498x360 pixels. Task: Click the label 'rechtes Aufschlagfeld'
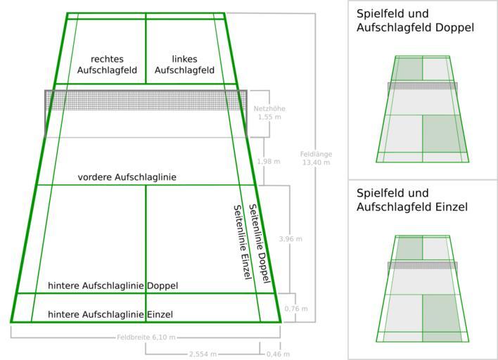click(107, 65)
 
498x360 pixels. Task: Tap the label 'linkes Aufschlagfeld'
click(184, 65)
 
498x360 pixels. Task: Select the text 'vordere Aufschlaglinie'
click(127, 178)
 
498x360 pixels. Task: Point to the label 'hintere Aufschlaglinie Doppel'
click(113, 285)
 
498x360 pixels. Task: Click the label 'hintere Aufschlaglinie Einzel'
click(110, 314)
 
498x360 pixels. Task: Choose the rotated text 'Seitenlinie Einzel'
click(242, 243)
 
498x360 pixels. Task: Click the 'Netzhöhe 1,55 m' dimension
click(265, 112)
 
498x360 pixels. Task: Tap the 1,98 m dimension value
click(268, 162)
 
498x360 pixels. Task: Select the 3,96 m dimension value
click(290, 239)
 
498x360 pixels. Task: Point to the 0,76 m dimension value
click(296, 309)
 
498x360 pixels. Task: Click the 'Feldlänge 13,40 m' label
click(316, 158)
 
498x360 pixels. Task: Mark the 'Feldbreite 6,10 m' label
click(146, 337)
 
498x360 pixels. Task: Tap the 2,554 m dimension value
click(202, 354)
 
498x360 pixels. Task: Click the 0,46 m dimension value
click(277, 354)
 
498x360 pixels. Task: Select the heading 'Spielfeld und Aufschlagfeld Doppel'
click(415, 20)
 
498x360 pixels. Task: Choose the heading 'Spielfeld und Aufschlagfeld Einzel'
click(412, 200)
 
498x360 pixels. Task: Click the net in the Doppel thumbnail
click(423, 86)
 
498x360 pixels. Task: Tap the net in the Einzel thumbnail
click(423, 266)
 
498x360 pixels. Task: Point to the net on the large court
click(146, 99)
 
